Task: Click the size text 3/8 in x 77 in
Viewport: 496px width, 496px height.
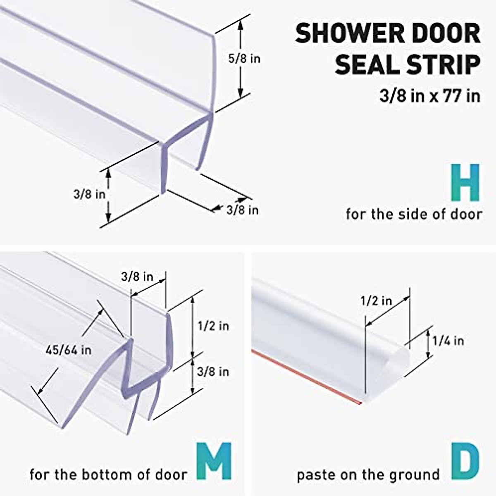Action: coord(430,96)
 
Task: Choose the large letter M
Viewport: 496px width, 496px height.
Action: coord(213,461)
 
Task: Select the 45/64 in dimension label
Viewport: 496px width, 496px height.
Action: coord(69,351)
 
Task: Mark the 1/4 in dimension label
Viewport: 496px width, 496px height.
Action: coord(448,341)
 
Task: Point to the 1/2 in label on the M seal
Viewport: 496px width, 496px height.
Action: coord(213,326)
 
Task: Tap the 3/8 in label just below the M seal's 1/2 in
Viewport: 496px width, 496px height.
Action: coord(213,372)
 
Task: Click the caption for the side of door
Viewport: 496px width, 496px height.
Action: coord(414,214)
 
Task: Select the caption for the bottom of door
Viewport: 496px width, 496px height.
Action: coord(108,474)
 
